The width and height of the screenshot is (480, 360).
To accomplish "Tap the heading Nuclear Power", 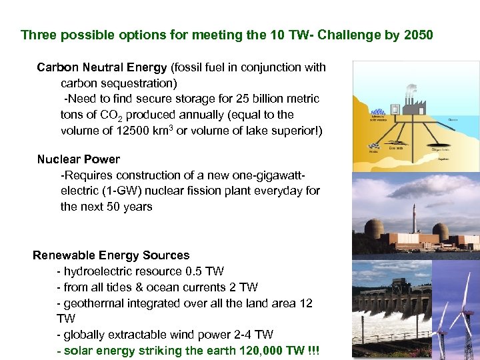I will pyautogui.click(x=79, y=159).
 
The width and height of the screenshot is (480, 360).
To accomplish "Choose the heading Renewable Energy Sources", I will pyautogui.click(x=111, y=255).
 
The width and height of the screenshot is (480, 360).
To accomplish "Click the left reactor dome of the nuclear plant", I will pyautogui.click(x=375, y=231).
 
